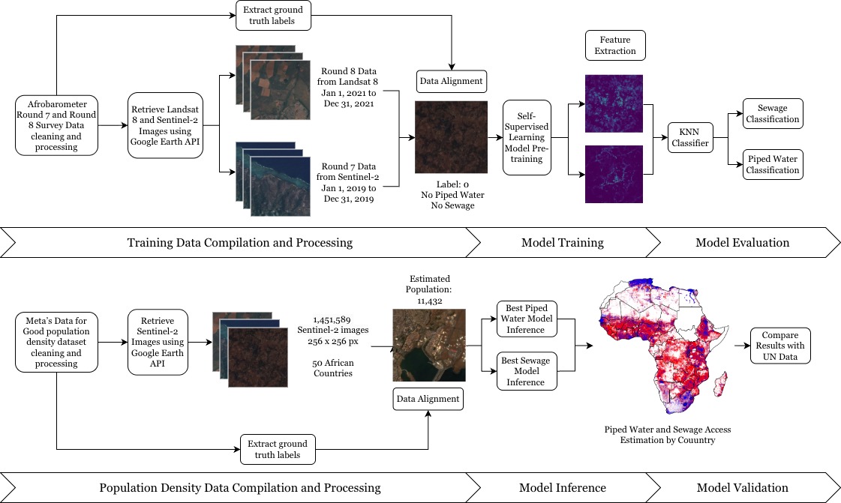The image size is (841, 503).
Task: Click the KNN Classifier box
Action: [691, 138]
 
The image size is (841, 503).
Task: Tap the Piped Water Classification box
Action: [772, 165]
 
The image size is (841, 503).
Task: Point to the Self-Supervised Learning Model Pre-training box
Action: [527, 137]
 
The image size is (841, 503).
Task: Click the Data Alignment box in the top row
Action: [451, 80]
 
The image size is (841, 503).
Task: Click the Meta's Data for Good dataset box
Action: [56, 344]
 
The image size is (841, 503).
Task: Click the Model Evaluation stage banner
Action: [742, 242]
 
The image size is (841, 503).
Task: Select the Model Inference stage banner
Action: [562, 487]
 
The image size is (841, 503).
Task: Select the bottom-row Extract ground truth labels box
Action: [278, 448]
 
